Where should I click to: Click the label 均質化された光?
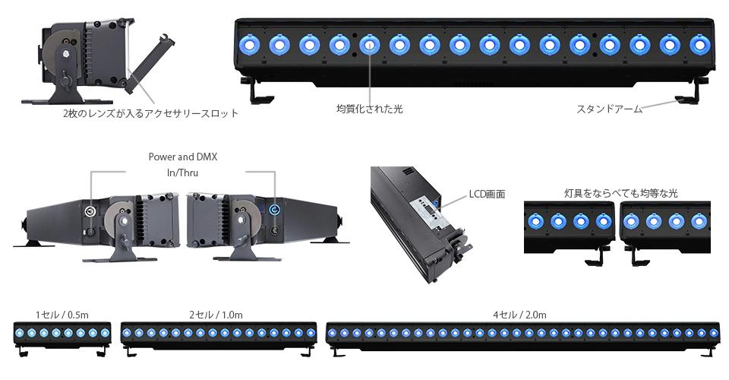(369, 109)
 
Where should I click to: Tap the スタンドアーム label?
(609, 109)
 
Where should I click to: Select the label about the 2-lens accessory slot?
(150, 113)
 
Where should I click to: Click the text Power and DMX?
(183, 157)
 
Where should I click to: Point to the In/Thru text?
(183, 173)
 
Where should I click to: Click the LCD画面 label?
(487, 194)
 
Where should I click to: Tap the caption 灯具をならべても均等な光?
(621, 193)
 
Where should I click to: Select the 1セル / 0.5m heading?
(62, 315)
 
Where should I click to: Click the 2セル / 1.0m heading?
(216, 315)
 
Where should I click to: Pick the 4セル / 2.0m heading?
(519, 315)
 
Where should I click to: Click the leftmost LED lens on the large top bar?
(250, 45)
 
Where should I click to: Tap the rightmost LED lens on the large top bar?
(699, 45)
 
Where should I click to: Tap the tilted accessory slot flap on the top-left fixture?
(150, 65)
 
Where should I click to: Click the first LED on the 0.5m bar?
(20, 333)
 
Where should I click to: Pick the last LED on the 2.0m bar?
(714, 333)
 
